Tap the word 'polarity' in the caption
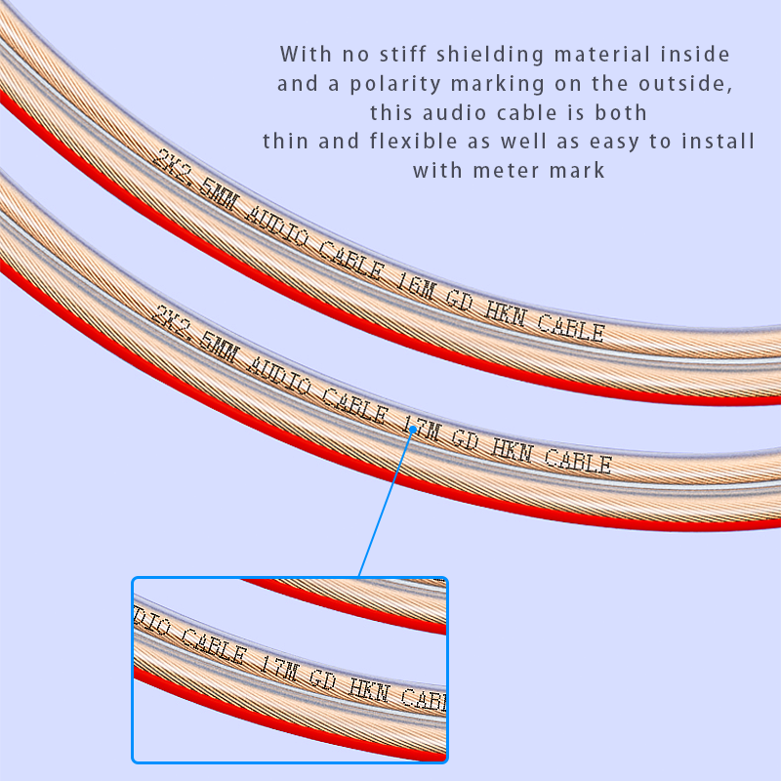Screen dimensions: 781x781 click(395, 85)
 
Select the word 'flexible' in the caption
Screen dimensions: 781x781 click(413, 141)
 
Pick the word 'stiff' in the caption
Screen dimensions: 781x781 click(402, 55)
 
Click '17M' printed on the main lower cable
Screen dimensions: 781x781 click(422, 427)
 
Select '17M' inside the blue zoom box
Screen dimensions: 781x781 click(279, 668)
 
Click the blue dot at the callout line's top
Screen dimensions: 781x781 click(413, 430)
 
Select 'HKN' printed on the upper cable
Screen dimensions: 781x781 click(505, 312)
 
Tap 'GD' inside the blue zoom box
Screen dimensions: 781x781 click(323, 678)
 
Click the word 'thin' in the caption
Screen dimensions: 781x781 click(284, 141)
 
